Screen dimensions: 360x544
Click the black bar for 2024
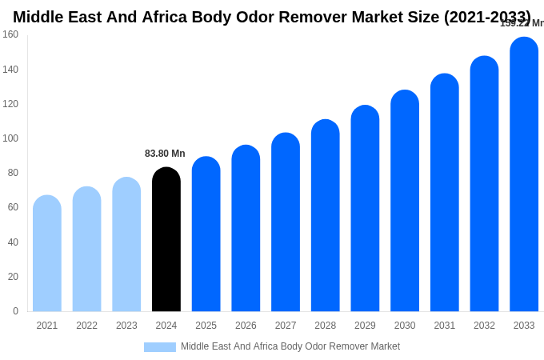(166, 240)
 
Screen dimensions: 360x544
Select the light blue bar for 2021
(47, 254)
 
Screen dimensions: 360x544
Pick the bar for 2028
(326, 216)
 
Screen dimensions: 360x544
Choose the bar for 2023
(126, 245)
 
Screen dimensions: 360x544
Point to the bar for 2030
(405, 201)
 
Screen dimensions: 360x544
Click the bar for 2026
(246, 229)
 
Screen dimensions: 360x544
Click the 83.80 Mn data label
(165, 154)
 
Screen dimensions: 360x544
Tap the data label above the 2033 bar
(522, 23)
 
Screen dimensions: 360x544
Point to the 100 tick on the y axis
(10, 138)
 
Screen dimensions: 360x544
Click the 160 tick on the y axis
(10, 34)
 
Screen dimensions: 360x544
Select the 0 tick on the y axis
(15, 311)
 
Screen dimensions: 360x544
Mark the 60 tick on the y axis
(13, 207)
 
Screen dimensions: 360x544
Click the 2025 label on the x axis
(206, 326)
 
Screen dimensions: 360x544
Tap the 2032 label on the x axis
(484, 326)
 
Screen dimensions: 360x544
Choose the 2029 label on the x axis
(365, 326)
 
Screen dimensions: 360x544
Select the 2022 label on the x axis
(86, 326)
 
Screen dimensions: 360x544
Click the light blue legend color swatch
(160, 347)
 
